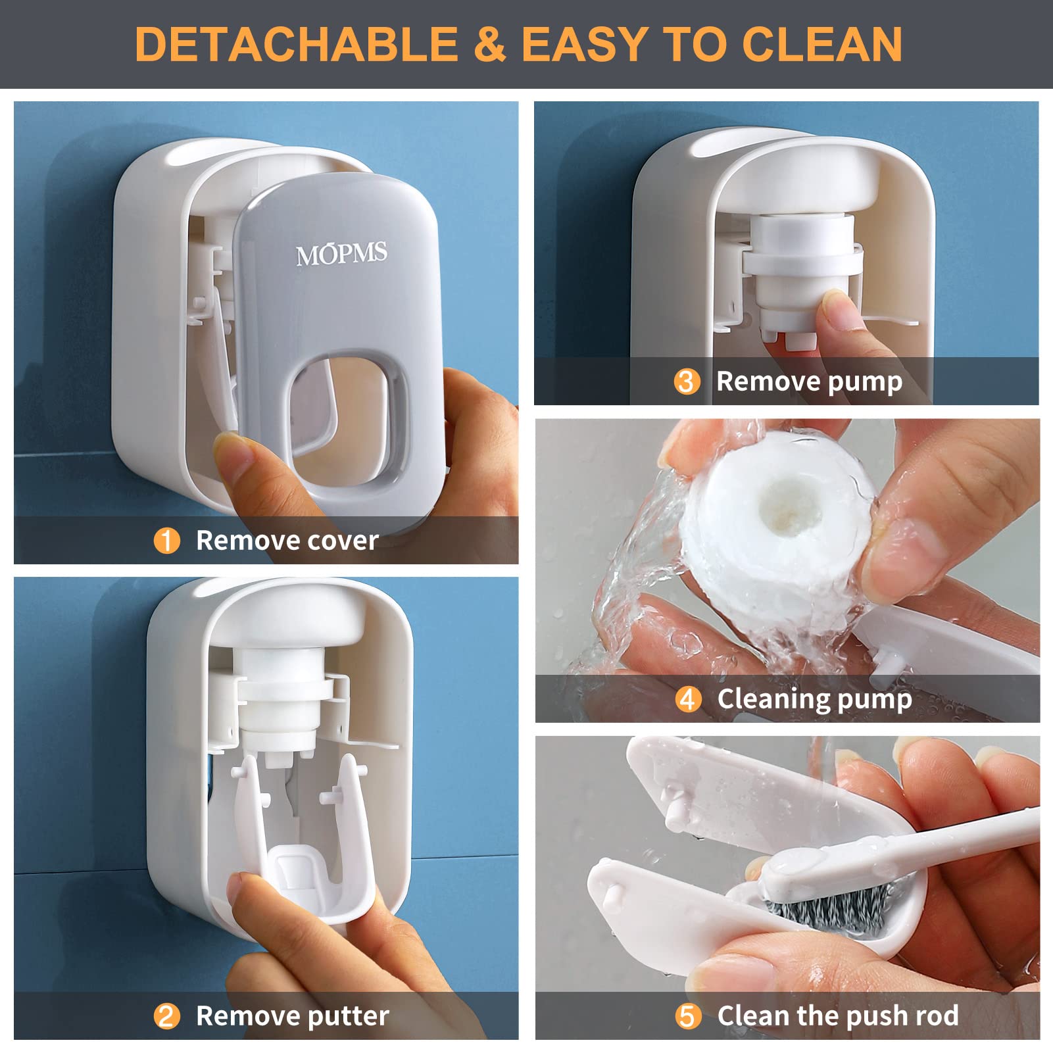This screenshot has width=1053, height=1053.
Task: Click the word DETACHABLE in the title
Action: (x=296, y=45)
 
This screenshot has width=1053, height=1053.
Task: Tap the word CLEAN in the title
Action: (x=821, y=45)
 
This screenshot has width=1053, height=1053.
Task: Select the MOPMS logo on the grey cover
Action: (x=341, y=254)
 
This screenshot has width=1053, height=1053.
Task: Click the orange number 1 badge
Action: (x=166, y=541)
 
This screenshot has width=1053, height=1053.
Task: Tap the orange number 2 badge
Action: (x=166, y=1016)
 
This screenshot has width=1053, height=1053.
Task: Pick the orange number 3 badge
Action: (x=686, y=381)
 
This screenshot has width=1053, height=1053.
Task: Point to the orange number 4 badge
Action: (x=687, y=699)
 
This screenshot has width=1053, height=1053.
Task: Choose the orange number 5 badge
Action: (x=687, y=1016)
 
